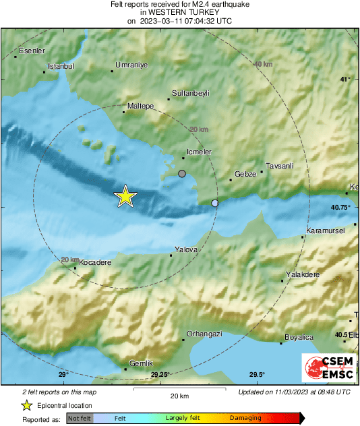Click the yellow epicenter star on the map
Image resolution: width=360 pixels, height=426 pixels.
[x=125, y=196]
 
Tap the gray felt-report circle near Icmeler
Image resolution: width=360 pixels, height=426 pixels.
[x=181, y=174]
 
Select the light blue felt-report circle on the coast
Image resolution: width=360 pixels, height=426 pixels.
[x=215, y=203]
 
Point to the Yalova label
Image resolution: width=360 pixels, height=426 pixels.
[x=186, y=249]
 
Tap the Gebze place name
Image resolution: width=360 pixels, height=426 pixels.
[x=245, y=174]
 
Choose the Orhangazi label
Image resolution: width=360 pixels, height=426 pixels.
[x=204, y=334]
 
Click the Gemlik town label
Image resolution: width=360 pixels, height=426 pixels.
[x=140, y=363]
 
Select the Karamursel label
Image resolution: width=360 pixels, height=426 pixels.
[x=326, y=231]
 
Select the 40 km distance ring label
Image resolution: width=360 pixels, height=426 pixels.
[x=263, y=64]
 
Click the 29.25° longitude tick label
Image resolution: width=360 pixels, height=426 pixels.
[x=160, y=375]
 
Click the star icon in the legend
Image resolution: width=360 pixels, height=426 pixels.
[x=26, y=405]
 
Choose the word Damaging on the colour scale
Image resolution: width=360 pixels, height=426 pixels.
[x=245, y=418]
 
